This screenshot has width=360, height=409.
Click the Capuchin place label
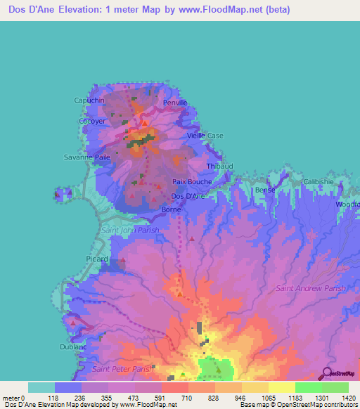coord(89,100)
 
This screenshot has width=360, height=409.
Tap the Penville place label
coord(175,103)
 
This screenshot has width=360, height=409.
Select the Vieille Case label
coord(205,136)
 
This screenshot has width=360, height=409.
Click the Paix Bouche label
coord(192,181)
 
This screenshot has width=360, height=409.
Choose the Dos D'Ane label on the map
coord(188,196)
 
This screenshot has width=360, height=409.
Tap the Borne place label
coord(172,209)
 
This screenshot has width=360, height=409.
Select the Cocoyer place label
coord(92,121)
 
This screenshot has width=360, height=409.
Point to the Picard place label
coord(97,259)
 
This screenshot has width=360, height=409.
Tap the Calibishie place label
coord(319,181)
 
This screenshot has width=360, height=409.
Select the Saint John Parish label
coord(130,230)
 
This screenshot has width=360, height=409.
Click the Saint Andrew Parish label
coord(311,288)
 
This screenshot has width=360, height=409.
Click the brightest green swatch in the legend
coord(308,387)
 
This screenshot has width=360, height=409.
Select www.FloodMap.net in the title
coord(220,11)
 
